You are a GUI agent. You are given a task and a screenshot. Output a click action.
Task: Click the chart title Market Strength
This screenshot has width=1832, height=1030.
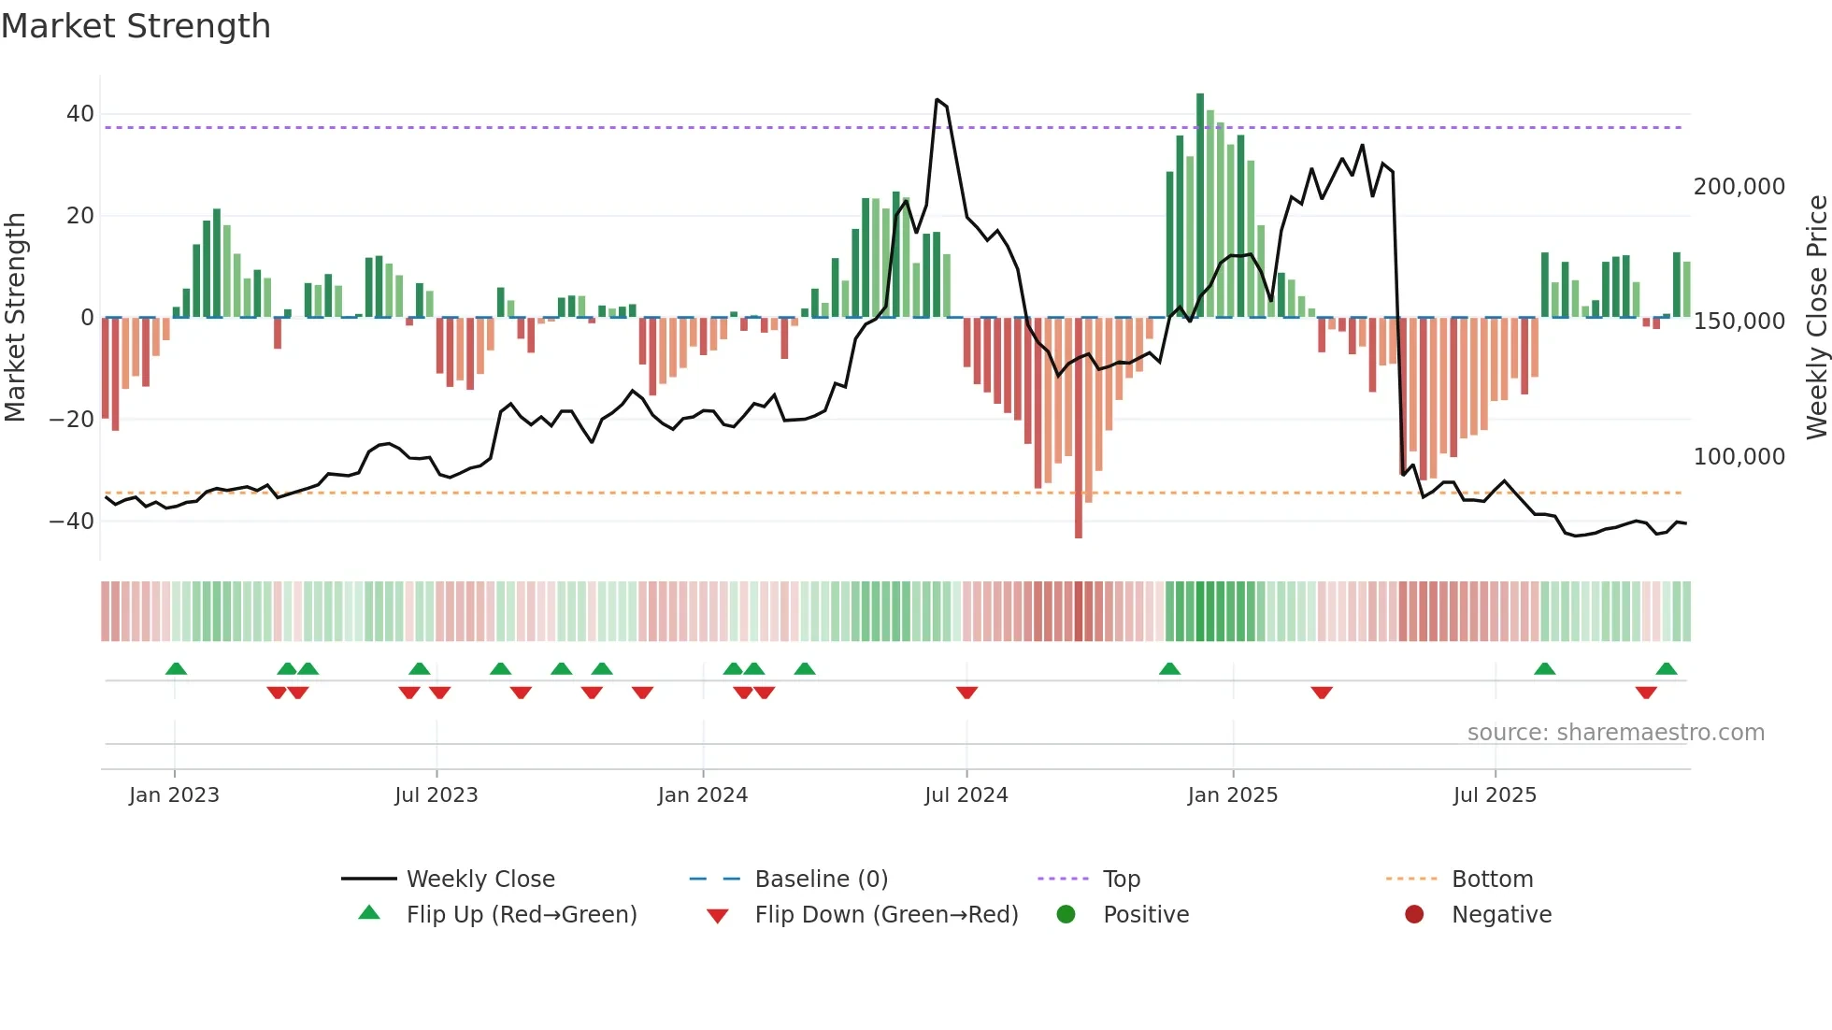[136, 26]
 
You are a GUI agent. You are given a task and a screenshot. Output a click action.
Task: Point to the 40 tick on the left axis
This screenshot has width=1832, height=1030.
[80, 114]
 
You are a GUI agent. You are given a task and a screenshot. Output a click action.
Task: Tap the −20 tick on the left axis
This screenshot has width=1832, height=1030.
[72, 420]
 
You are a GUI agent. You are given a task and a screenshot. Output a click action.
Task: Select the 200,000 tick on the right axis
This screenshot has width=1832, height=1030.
[1739, 187]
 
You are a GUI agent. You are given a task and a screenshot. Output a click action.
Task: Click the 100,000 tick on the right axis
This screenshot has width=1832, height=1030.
[1739, 457]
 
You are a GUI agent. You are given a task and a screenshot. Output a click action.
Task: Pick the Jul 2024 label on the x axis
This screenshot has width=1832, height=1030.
[966, 795]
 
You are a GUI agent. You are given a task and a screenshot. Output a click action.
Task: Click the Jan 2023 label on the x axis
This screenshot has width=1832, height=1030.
[174, 795]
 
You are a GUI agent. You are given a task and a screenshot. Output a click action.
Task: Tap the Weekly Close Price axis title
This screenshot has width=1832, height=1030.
[1816, 318]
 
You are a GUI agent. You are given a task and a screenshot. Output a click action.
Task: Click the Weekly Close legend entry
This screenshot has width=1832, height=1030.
[480, 880]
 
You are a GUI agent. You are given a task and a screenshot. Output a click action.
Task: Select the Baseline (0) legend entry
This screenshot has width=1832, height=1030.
[821, 880]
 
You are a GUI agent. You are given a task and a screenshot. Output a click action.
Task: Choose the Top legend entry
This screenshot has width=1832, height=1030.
[1121, 880]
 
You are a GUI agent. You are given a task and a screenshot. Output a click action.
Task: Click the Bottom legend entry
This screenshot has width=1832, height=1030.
[1492, 880]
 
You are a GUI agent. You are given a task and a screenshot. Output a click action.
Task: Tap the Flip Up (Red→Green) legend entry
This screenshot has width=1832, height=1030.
[521, 915]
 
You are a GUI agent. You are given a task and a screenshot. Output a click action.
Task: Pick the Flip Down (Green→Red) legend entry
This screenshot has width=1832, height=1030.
[886, 915]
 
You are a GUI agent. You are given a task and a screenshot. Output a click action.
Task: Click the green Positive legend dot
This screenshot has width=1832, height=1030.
[1066, 914]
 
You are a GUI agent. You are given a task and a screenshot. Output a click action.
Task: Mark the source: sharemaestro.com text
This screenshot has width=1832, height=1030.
[1615, 733]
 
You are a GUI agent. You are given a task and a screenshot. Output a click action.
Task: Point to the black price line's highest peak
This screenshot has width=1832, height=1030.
[937, 99]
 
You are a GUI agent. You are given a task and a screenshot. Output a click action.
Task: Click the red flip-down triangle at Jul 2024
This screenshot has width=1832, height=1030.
[966, 693]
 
